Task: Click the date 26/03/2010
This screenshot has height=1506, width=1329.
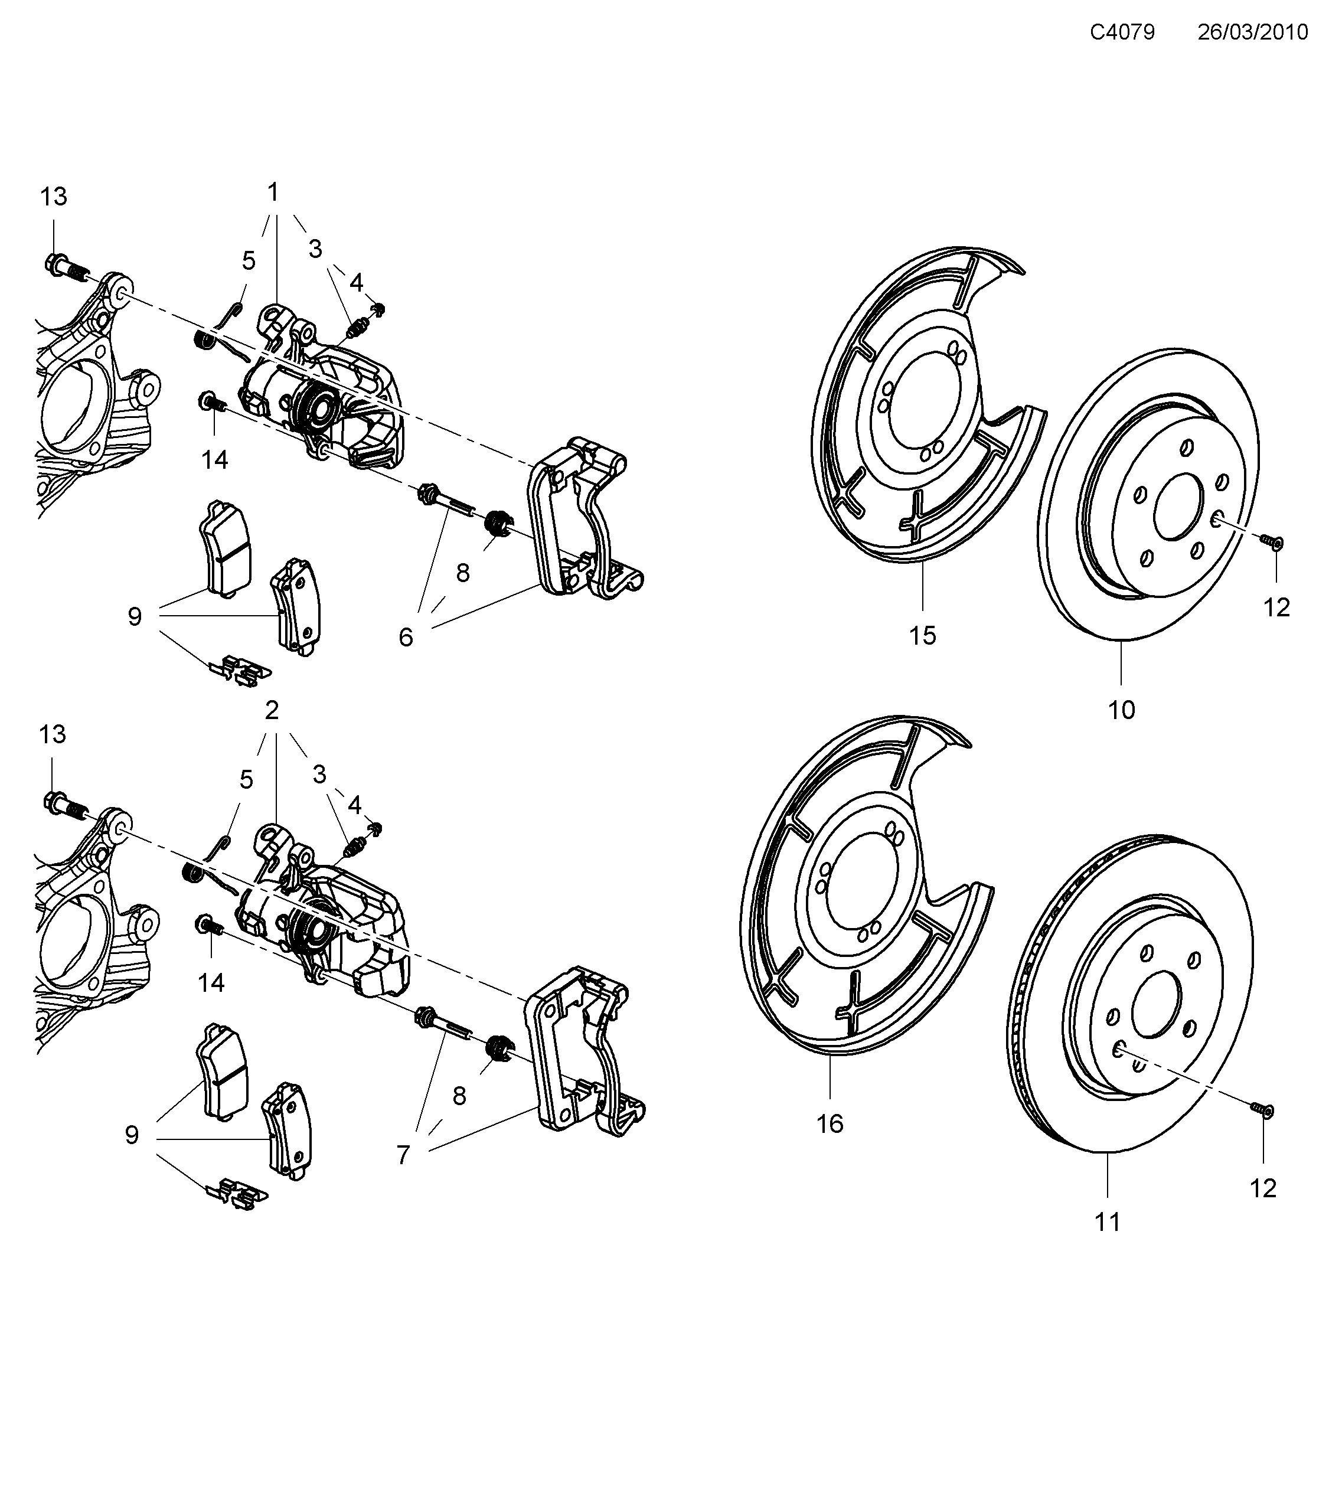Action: click(1252, 32)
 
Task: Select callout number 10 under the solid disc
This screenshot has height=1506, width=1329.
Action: click(1121, 710)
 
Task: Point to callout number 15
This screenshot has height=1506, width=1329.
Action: click(922, 635)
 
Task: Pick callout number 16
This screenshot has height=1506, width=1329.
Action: click(830, 1123)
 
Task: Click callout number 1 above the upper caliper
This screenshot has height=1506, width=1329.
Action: click(273, 193)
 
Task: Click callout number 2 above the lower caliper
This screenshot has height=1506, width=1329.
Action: click(272, 711)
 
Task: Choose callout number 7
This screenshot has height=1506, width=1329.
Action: click(403, 1155)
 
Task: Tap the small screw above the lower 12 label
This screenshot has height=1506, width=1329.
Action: click(1261, 1129)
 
